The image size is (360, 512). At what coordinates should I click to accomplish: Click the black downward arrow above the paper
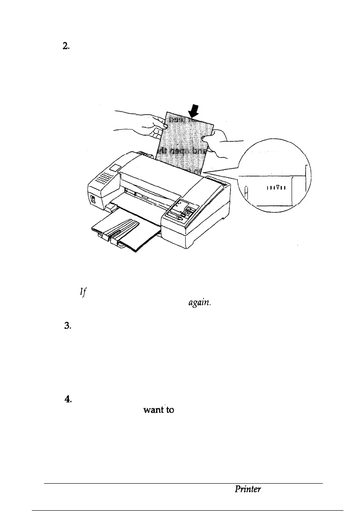click(x=193, y=112)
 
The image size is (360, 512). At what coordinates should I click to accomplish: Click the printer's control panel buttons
click(x=185, y=210)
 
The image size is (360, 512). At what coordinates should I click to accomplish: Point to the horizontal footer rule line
click(x=183, y=483)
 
